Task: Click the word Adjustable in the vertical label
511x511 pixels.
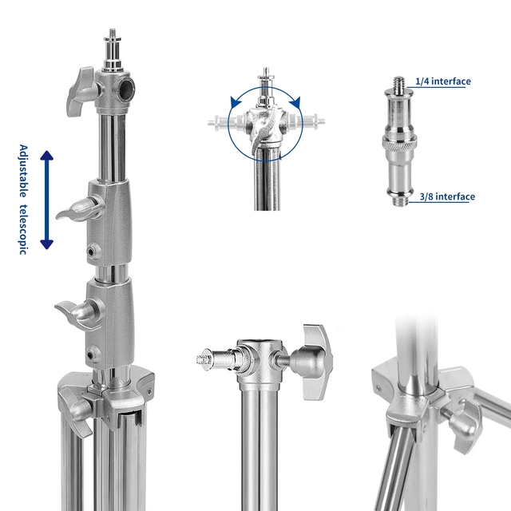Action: pos(23,171)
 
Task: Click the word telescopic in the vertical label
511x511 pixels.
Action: pos(23,229)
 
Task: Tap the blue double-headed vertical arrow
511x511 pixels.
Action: pos(46,200)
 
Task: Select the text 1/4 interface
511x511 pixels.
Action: pos(443,81)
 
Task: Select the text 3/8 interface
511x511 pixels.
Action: pos(447,196)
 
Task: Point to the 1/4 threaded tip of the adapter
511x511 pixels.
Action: pos(398,83)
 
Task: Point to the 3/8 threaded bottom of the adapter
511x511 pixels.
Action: pos(400,200)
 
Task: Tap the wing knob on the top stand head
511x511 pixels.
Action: pos(81,92)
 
